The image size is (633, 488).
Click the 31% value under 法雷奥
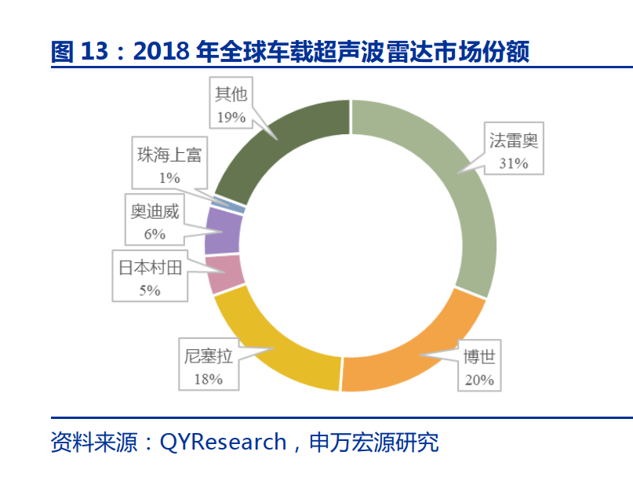513,164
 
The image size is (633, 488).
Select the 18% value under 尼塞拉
207,379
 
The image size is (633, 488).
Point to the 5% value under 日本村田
150,290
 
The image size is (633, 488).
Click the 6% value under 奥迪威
155,233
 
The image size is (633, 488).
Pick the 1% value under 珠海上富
169,177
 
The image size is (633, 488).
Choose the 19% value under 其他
231,117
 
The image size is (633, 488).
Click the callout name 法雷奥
513,142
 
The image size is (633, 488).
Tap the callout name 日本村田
150,268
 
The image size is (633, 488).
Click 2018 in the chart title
159,53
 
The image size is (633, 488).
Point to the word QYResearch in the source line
223,442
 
